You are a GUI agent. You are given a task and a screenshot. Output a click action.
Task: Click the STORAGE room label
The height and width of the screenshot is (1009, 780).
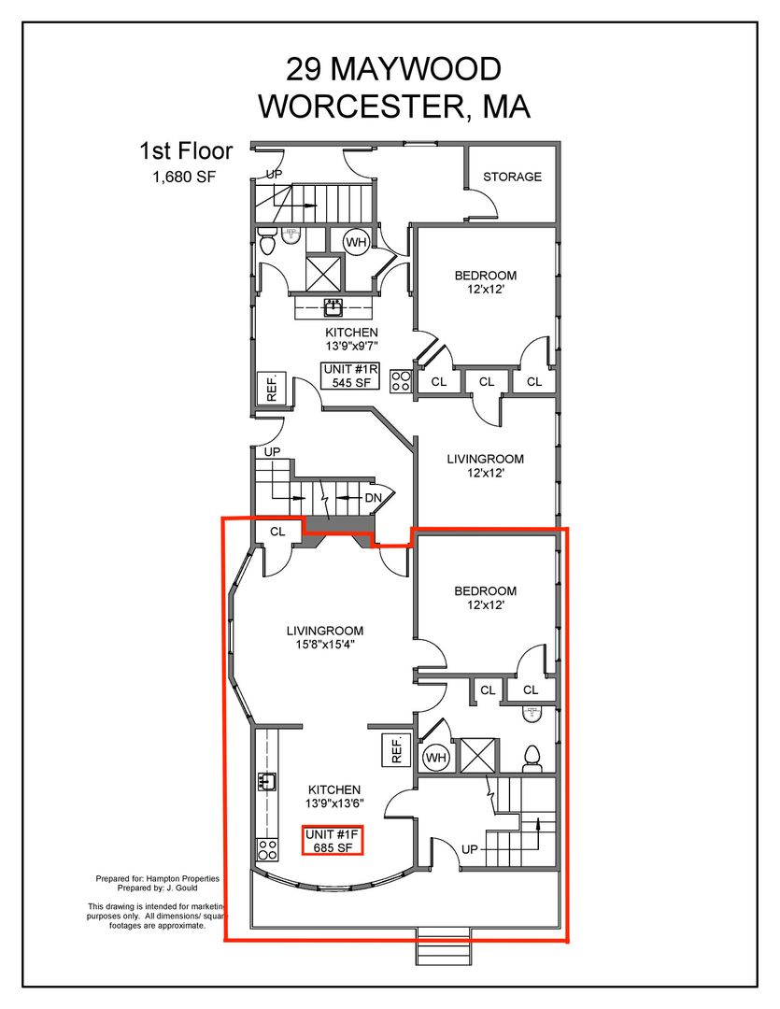pos(512,177)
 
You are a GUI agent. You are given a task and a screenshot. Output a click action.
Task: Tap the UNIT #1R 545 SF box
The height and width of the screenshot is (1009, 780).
pos(350,376)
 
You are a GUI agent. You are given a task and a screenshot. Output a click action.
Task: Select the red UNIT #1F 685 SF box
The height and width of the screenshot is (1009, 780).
pos(333,841)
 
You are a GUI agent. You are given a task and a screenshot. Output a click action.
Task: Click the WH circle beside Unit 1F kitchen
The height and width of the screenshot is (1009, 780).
pos(435,758)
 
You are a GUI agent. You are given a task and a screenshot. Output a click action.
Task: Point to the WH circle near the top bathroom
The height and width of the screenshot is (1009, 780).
pos(356,243)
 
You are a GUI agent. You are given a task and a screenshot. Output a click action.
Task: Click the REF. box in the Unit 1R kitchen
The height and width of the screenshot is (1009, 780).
pos(272,389)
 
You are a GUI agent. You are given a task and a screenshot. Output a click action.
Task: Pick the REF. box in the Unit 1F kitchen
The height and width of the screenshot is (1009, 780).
pos(396,749)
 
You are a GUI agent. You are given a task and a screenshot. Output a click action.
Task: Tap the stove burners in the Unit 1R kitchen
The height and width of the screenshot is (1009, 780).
pos(401,380)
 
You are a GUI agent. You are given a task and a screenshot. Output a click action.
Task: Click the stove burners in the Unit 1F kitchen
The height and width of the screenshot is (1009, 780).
pos(267,850)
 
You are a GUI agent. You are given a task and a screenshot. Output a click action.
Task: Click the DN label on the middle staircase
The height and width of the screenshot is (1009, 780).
pos(374,497)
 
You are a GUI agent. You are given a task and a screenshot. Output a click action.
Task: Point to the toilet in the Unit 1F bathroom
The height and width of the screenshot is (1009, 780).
pos(532,760)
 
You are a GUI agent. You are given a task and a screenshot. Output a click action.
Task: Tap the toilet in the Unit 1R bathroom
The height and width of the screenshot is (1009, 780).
pos(267,241)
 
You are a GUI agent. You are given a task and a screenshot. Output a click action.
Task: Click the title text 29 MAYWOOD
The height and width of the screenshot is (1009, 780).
pos(393,69)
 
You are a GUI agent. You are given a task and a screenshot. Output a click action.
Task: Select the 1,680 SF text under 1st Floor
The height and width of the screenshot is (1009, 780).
pos(183,177)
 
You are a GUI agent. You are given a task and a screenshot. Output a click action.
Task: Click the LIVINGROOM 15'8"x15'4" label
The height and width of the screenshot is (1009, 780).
pos(325,637)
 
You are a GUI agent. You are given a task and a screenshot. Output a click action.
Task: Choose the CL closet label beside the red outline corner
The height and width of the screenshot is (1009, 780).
pos(277,532)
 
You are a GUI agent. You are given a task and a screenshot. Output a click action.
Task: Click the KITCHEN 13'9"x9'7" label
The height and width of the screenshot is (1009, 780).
pos(350,339)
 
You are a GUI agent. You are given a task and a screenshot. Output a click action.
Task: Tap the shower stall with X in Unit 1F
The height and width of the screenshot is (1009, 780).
pos(478,754)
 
